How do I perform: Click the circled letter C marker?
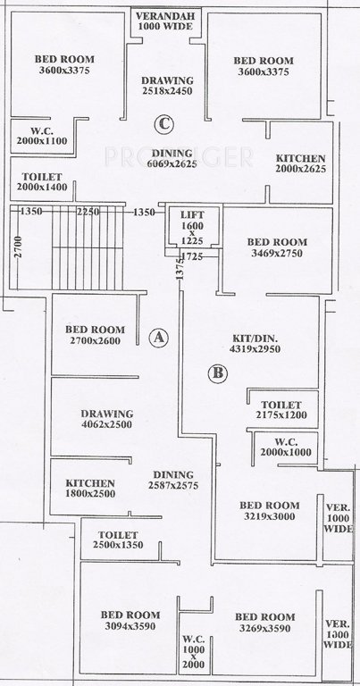(x=163, y=123)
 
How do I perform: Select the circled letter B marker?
(x=217, y=373)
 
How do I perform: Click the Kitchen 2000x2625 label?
(x=299, y=163)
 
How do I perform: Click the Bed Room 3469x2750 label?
(x=277, y=247)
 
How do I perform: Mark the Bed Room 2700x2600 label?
(x=95, y=335)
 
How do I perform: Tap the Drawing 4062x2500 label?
(x=106, y=420)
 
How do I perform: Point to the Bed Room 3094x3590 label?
(x=130, y=621)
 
